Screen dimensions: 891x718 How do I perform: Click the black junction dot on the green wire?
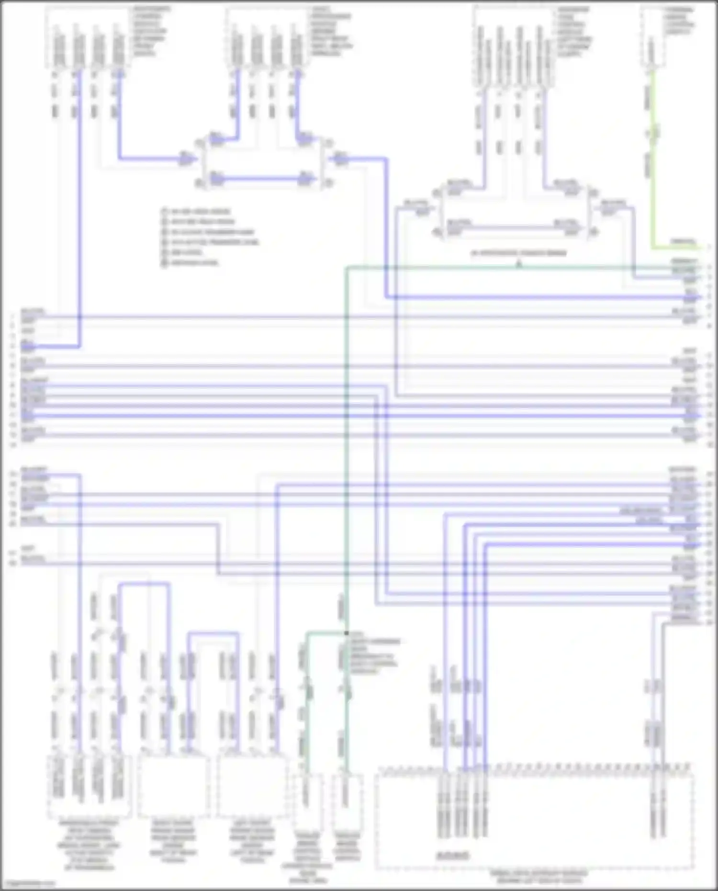[x=346, y=633]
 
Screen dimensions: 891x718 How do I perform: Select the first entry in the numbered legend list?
[x=196, y=211]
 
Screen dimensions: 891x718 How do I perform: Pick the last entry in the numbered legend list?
[x=191, y=263]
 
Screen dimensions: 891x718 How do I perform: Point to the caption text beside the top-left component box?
[x=149, y=31]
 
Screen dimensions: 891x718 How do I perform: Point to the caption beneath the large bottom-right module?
[x=538, y=877]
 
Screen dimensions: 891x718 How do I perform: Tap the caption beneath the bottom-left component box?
[x=89, y=845]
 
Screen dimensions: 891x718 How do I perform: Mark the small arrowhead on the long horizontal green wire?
[x=518, y=263]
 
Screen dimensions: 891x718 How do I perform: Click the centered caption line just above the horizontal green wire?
[x=518, y=252]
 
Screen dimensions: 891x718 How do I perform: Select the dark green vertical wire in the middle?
[x=346, y=431]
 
